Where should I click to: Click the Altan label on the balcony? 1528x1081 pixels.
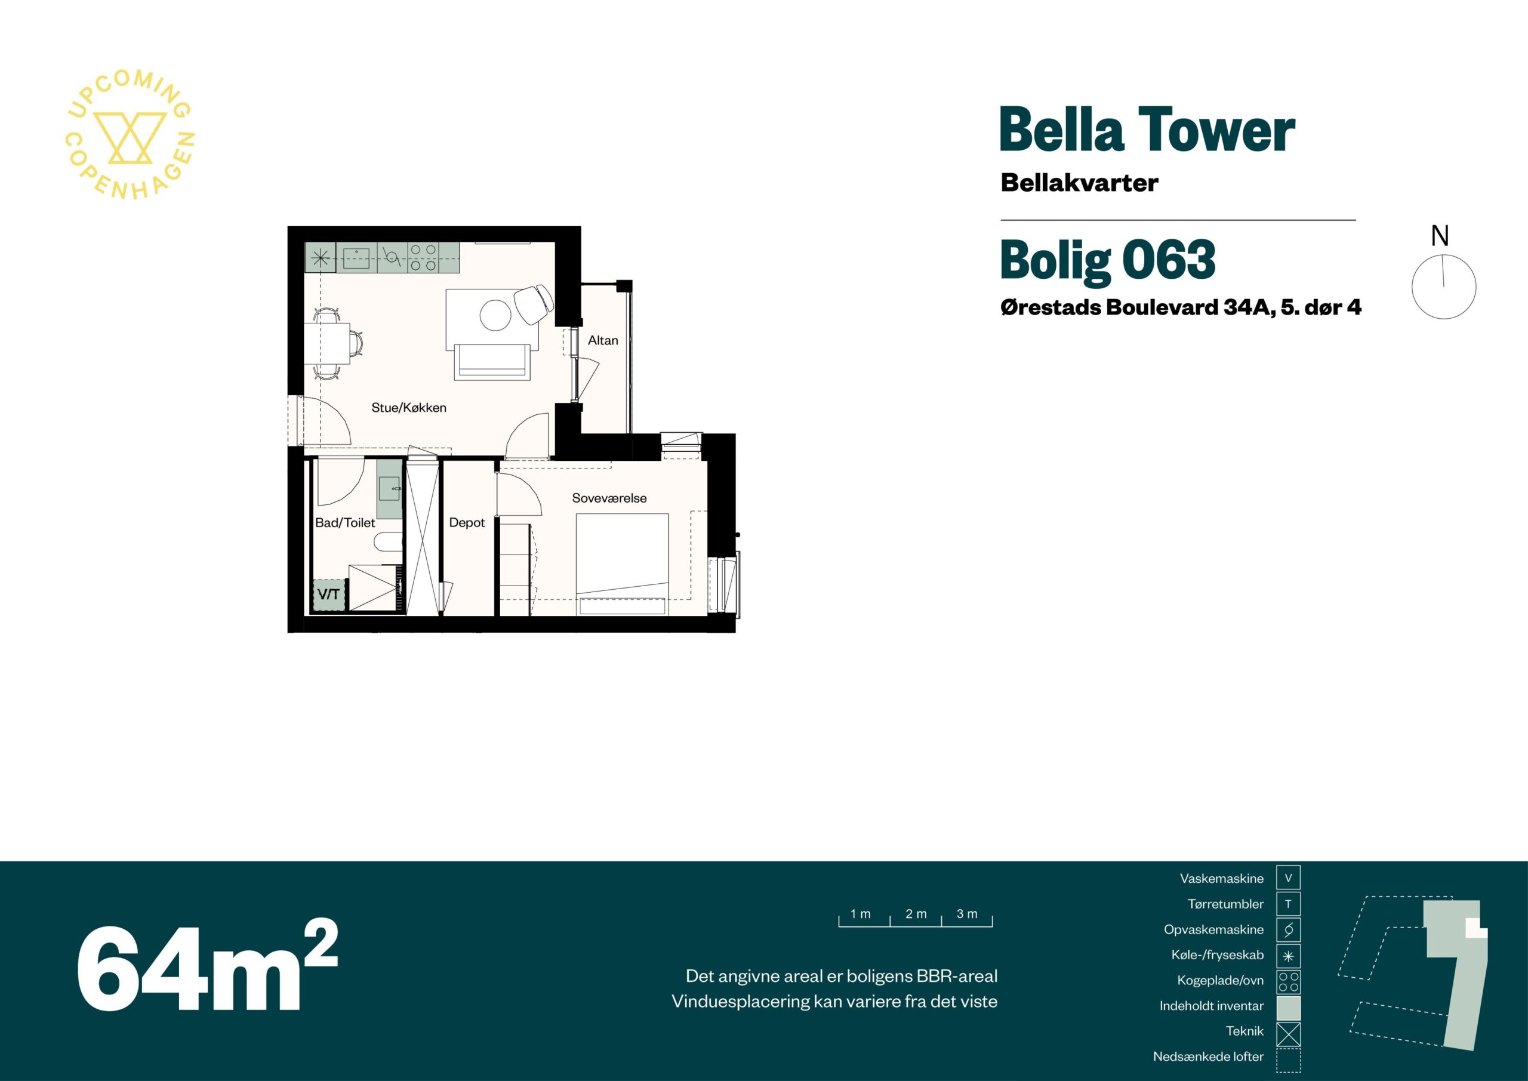pyautogui.click(x=603, y=340)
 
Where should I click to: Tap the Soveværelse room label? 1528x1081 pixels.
pyautogui.click(x=609, y=498)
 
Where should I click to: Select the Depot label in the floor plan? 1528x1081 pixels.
pyautogui.click(x=467, y=522)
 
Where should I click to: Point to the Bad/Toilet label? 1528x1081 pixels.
pyautogui.click(x=345, y=522)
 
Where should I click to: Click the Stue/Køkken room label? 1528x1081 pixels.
pyautogui.click(x=409, y=407)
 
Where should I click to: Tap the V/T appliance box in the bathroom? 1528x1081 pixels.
pyautogui.click(x=329, y=594)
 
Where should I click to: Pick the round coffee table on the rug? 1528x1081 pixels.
pyautogui.click(x=496, y=315)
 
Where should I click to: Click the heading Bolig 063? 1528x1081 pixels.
pyautogui.click(x=1107, y=260)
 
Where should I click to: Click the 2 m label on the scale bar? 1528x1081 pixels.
pyautogui.click(x=916, y=914)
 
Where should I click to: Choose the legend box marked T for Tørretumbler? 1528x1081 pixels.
pyautogui.click(x=1287, y=904)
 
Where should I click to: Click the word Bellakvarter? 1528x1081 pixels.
pyautogui.click(x=1080, y=183)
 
